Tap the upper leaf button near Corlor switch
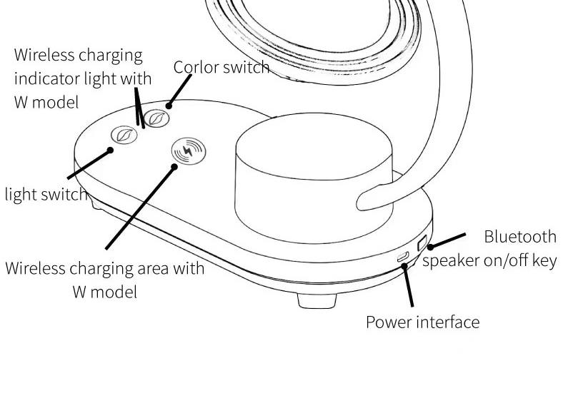[x=156, y=118]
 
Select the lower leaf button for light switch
[x=123, y=135]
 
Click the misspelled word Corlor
[x=196, y=67]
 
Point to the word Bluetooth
[x=519, y=237]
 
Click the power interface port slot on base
[x=404, y=256]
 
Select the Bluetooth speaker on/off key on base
[x=422, y=243]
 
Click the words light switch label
[x=46, y=194]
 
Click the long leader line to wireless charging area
[x=140, y=208]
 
